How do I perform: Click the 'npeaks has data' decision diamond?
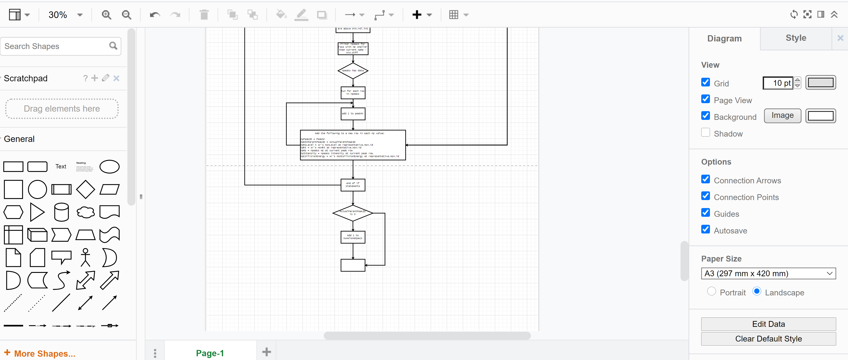pyautogui.click(x=353, y=70)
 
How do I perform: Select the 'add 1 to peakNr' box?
pyautogui.click(x=353, y=114)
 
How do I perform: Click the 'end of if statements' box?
pyautogui.click(x=353, y=185)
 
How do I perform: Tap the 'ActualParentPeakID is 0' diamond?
pyautogui.click(x=353, y=213)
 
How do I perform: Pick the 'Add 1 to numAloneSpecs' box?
pyautogui.click(x=353, y=237)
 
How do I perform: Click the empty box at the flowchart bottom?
pyautogui.click(x=353, y=265)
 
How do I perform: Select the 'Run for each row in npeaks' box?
pyautogui.click(x=353, y=92)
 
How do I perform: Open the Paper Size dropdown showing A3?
pyautogui.click(x=768, y=273)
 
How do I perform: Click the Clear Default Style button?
pyautogui.click(x=768, y=339)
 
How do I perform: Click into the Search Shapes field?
pyautogui.click(x=56, y=46)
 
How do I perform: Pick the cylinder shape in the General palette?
pyautogui.click(x=61, y=212)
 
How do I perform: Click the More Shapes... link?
pyautogui.click(x=45, y=353)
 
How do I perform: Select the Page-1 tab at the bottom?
pyautogui.click(x=210, y=353)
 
